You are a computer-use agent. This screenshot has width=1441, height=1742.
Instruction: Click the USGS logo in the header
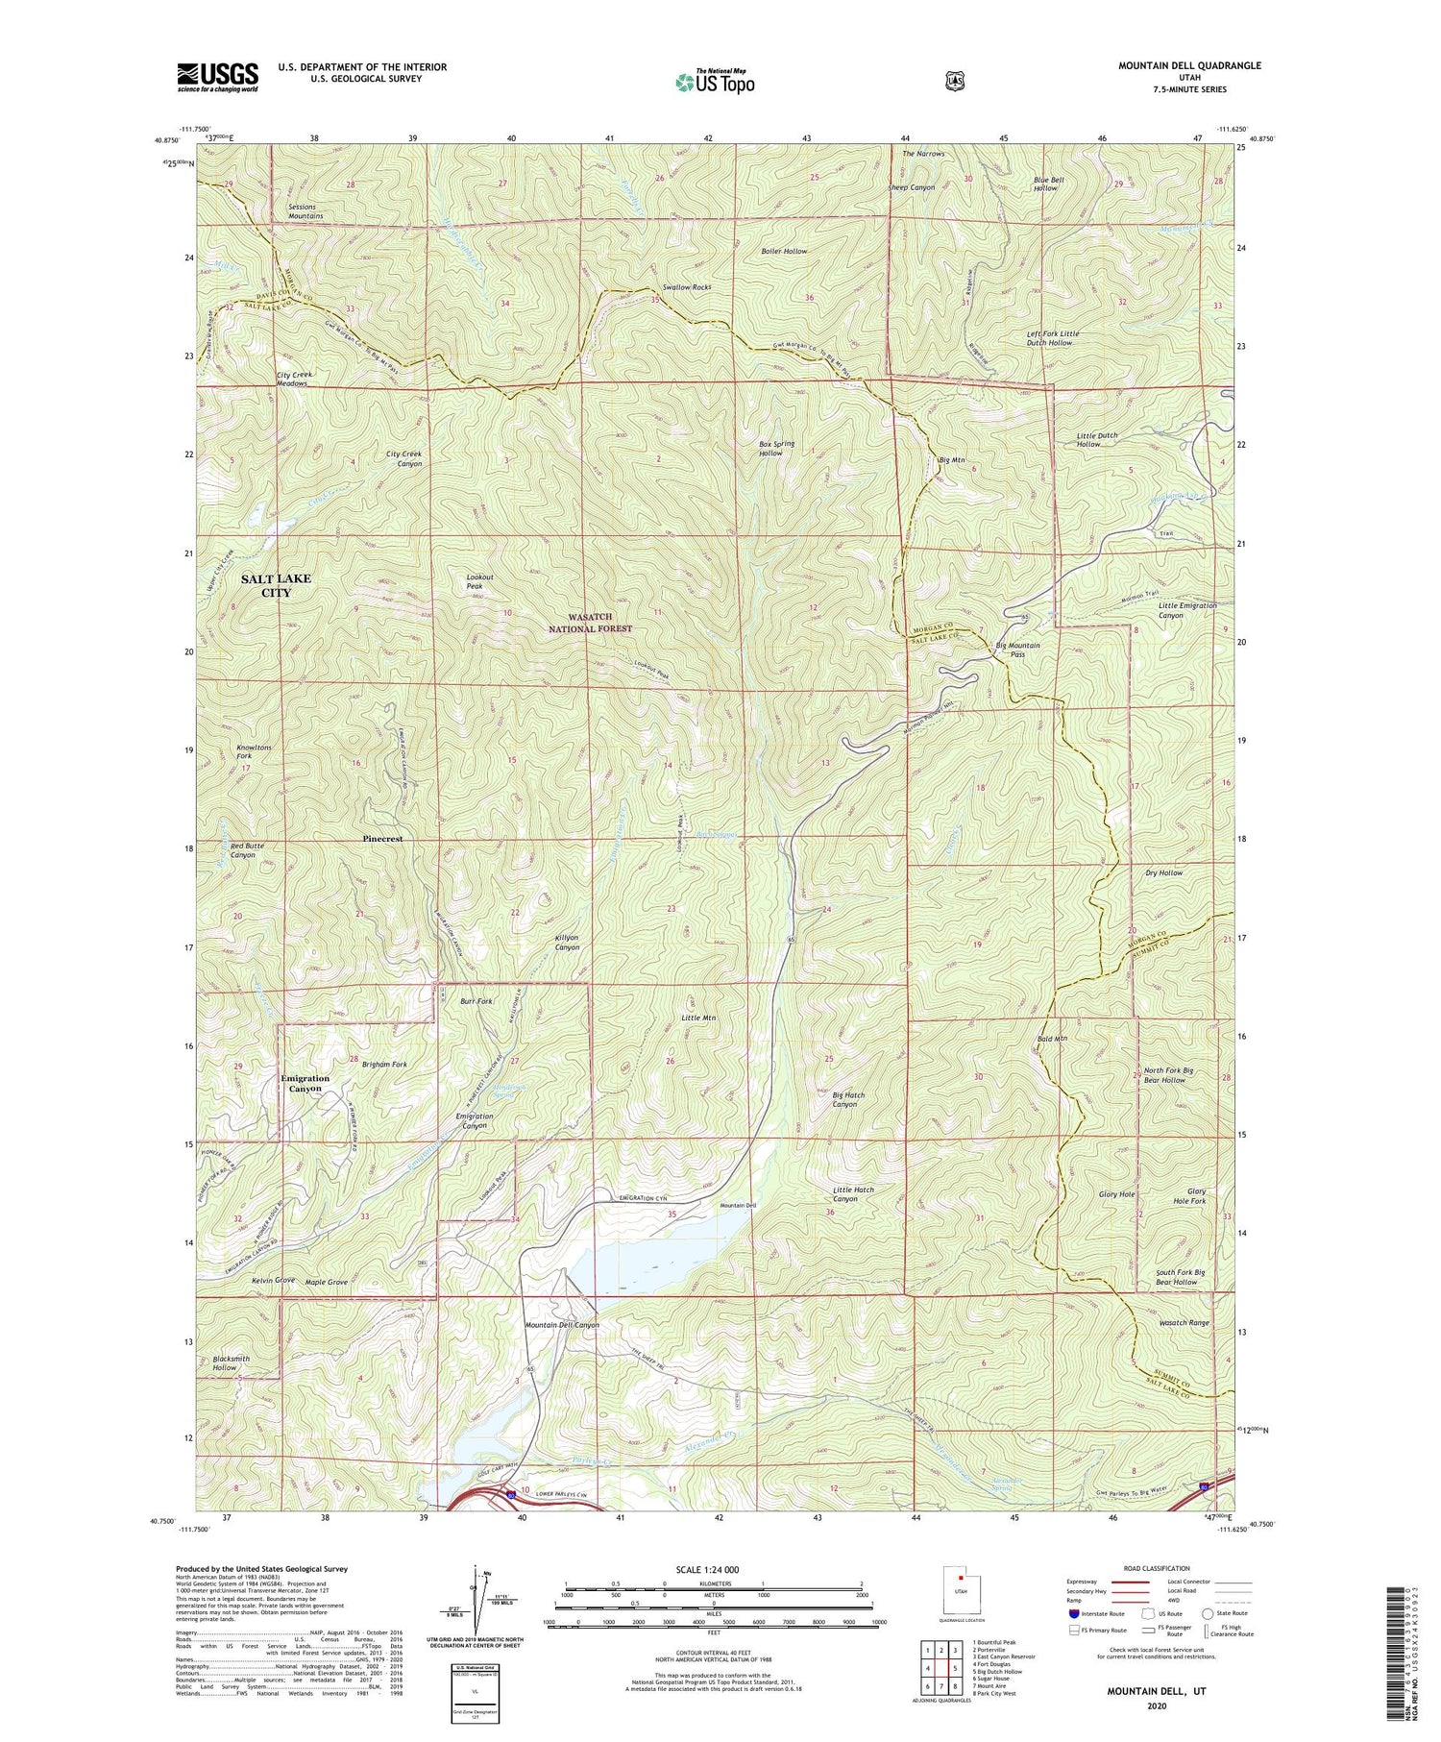(x=217, y=77)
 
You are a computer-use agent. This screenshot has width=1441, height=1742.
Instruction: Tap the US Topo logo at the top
(x=715, y=82)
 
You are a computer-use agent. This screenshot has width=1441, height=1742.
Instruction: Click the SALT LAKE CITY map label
(x=276, y=586)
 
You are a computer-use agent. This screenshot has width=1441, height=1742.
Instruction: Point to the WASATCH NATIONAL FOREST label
(x=591, y=623)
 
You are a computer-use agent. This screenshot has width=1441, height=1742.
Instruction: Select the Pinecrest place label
(x=382, y=839)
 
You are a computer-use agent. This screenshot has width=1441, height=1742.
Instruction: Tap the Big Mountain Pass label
(x=1017, y=650)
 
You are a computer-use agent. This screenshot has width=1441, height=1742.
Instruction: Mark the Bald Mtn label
(x=1053, y=1039)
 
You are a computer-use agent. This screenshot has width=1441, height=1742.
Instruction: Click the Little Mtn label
(x=698, y=1018)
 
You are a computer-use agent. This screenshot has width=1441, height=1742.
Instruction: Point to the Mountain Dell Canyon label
(x=562, y=1325)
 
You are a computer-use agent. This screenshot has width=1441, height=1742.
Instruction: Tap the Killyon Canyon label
(x=567, y=942)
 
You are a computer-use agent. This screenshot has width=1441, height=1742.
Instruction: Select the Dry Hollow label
(x=1163, y=873)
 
